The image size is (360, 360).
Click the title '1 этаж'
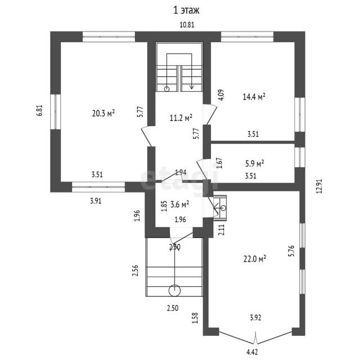[186, 11]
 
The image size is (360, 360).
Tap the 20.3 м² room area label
[103, 113]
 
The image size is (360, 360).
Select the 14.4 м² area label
[254, 97]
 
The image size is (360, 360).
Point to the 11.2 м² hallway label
[181, 118]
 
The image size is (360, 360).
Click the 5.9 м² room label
[255, 164]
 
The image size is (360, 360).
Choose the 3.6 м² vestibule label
[180, 204]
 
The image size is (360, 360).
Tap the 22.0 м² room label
[255, 259]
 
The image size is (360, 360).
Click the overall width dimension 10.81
[187, 25]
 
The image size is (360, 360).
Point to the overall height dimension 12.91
[319, 186]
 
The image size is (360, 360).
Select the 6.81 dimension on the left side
[40, 110]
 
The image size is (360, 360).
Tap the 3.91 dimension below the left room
[96, 201]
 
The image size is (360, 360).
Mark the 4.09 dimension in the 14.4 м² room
[222, 95]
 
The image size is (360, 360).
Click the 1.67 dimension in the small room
[220, 163]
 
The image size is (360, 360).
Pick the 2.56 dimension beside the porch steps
[136, 271]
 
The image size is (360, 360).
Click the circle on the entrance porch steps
[174, 291]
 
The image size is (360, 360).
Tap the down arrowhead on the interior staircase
[191, 87]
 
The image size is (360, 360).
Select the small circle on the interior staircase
[167, 89]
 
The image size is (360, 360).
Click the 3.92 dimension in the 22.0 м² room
[255, 318]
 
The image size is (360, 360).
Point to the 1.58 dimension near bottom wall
[195, 318]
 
